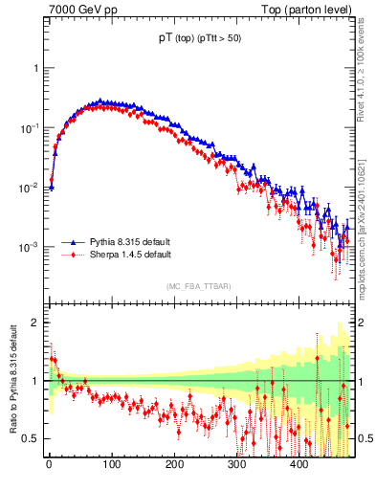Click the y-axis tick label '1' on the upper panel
click(x=34, y=69)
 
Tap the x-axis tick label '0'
click(x=49, y=464)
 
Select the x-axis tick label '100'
click(x=111, y=464)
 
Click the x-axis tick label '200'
click(x=173, y=464)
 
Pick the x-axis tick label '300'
click(x=236, y=464)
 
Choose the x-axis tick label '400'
click(x=299, y=464)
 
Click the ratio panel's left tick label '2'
click(x=34, y=323)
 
